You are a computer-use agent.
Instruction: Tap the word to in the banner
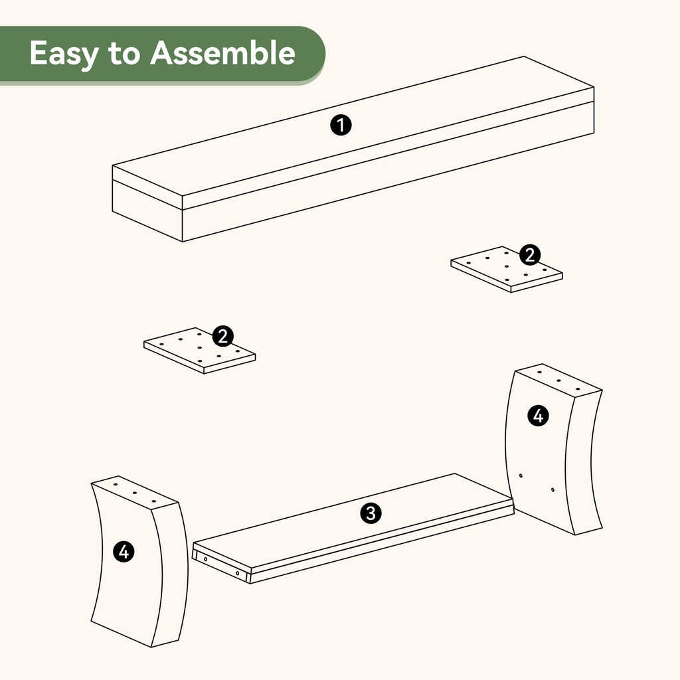click(x=124, y=54)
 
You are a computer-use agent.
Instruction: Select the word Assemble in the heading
click(x=223, y=53)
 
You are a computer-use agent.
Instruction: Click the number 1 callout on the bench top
click(x=341, y=126)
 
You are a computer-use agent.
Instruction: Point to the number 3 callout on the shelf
click(x=371, y=513)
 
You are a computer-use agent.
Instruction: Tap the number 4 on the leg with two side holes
click(x=538, y=416)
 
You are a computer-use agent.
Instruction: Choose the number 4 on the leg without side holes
click(x=124, y=552)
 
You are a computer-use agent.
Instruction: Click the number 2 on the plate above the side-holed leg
click(x=530, y=254)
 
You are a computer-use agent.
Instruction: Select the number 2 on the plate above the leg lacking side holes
click(x=223, y=336)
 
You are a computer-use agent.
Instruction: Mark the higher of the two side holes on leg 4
click(x=521, y=475)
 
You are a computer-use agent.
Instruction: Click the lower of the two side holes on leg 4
click(x=552, y=490)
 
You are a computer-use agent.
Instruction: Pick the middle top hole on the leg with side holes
click(x=558, y=381)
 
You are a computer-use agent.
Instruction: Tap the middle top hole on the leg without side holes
click(x=134, y=493)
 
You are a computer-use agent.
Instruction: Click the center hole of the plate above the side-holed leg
click(x=506, y=266)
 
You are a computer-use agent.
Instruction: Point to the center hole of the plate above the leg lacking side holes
click(x=199, y=347)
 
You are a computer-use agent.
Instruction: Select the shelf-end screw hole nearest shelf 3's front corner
click(x=238, y=573)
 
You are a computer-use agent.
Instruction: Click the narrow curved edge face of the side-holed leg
click(x=584, y=462)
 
